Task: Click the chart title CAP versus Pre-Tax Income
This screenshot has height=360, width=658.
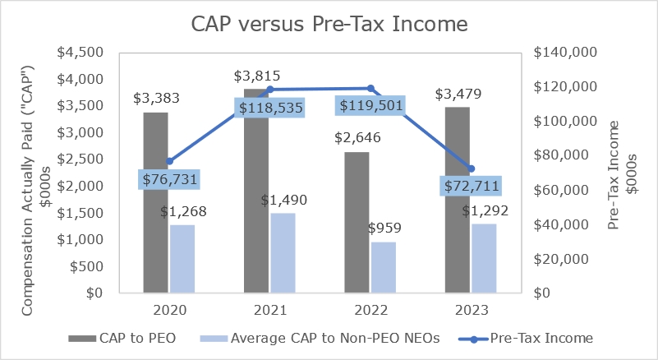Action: click(x=329, y=25)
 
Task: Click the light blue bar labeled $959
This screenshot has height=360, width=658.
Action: click(x=384, y=267)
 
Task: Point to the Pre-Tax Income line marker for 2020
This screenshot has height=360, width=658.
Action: click(x=169, y=161)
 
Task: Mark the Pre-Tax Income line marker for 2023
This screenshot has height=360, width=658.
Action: click(x=471, y=168)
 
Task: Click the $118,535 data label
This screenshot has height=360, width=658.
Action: click(x=270, y=108)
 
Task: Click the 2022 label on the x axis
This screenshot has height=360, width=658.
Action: click(x=370, y=310)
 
